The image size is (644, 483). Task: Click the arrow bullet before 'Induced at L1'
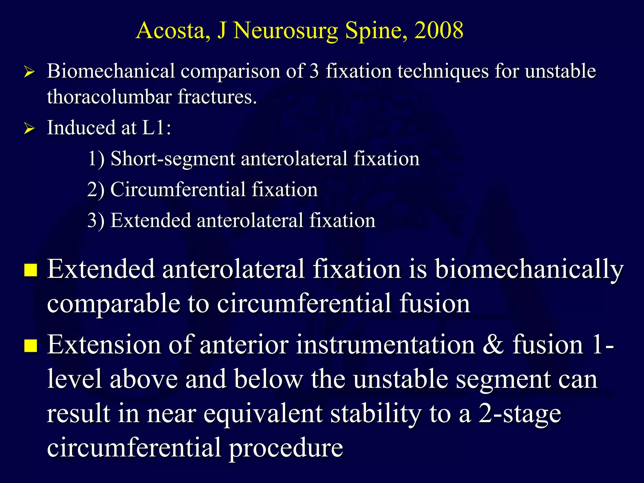coord(29,129)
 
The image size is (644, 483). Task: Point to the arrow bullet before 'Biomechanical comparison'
coord(29,72)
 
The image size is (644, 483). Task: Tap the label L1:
coord(156,128)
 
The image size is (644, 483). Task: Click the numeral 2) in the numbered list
coord(96,190)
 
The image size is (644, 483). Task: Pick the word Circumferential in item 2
coord(178,190)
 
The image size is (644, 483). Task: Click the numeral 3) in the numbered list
coord(96,220)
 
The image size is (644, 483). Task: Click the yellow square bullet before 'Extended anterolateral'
coord(31,270)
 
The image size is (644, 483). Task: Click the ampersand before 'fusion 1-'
coord(493,345)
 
